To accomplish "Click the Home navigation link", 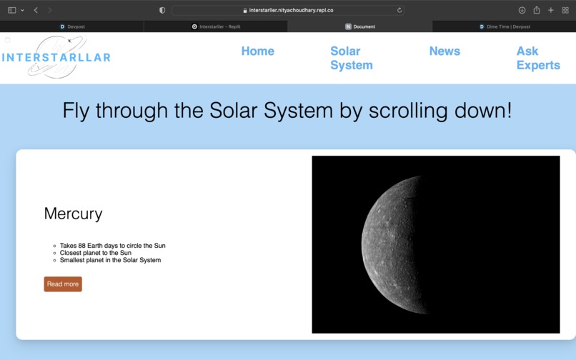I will [x=257, y=51].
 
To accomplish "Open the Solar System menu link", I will [x=351, y=58].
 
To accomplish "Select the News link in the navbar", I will [x=445, y=51].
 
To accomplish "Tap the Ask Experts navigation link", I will [x=537, y=58].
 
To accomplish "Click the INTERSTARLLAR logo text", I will [x=56, y=57].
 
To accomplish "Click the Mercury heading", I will [x=73, y=214].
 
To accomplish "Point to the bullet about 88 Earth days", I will [x=112, y=246].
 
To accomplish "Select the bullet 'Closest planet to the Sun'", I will [x=95, y=253].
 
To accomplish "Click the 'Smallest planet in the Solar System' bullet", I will [x=110, y=260].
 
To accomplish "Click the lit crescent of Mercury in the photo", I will [x=389, y=243].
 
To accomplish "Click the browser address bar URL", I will [x=291, y=10].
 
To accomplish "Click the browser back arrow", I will [x=36, y=10].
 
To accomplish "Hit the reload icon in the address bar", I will [x=399, y=10].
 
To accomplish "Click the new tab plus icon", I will [x=550, y=10].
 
